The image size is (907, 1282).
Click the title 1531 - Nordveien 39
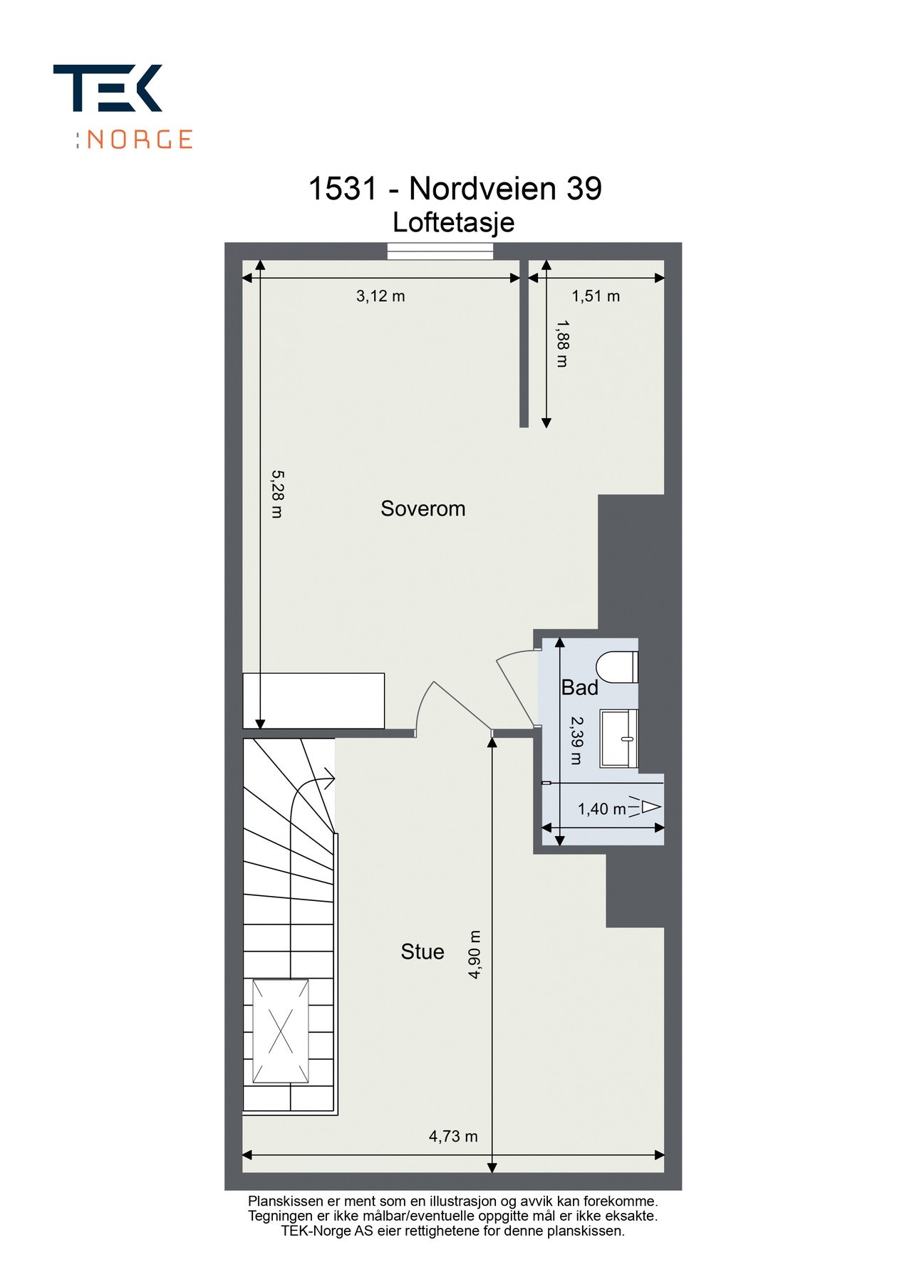click(x=454, y=189)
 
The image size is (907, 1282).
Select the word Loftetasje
click(x=453, y=222)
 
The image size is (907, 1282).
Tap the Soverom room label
click(x=423, y=509)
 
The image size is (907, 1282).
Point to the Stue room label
click(x=422, y=952)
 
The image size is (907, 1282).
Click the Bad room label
click(x=579, y=687)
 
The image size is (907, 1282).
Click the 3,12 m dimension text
click(x=380, y=296)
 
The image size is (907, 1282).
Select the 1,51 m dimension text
click(x=596, y=296)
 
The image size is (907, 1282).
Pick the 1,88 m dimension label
click(x=562, y=343)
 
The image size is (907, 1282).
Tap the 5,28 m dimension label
click(x=277, y=494)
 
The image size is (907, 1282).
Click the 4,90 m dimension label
click(x=475, y=954)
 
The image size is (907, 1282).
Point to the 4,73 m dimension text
click(x=453, y=1136)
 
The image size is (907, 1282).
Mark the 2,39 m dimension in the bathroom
click(x=576, y=740)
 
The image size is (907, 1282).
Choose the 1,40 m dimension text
click(x=601, y=809)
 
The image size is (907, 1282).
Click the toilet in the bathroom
click(x=617, y=667)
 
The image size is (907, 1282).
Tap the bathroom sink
click(x=618, y=738)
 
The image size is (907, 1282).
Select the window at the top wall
click(x=440, y=251)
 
